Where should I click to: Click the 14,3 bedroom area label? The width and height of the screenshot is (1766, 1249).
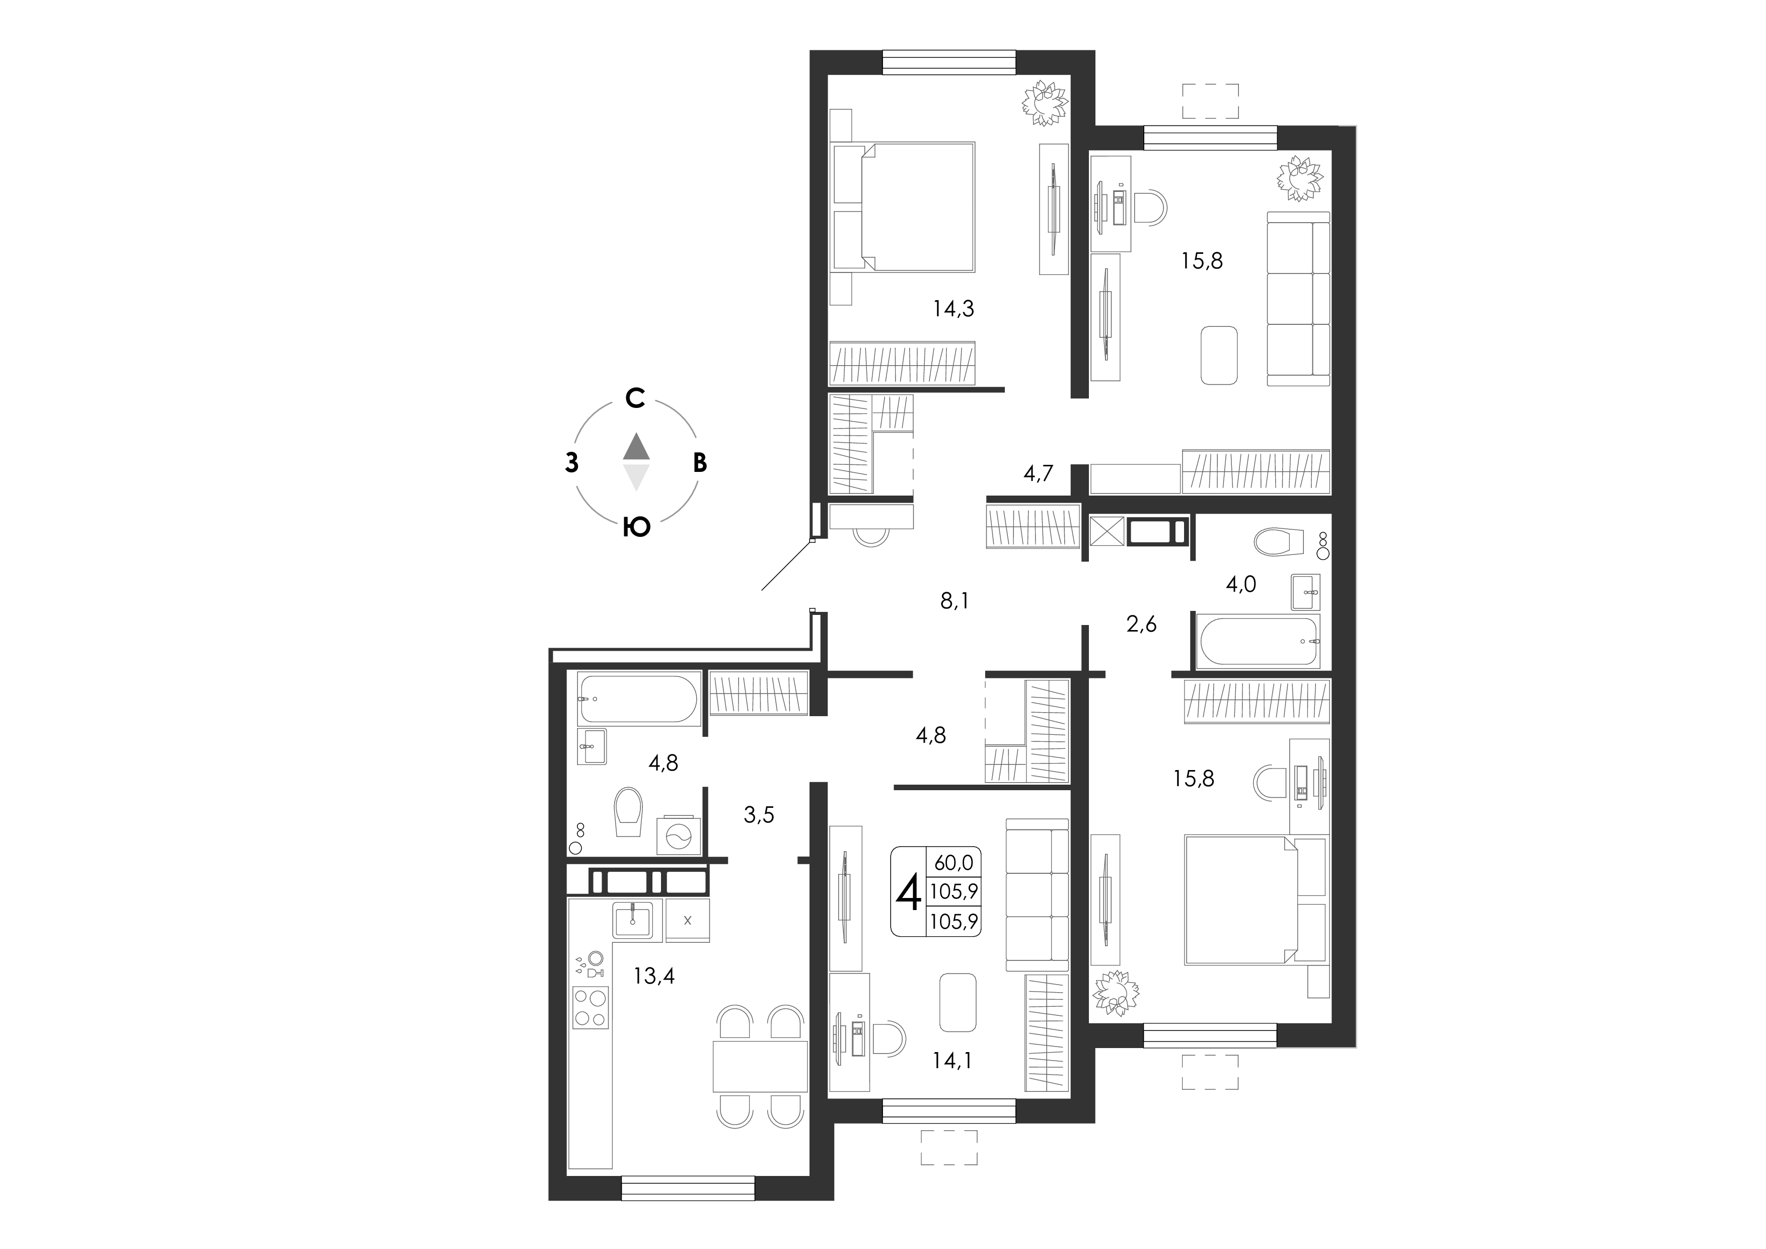tap(954, 309)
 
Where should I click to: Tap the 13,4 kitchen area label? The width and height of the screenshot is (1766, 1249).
tap(654, 976)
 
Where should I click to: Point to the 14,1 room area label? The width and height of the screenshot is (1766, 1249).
tap(952, 1061)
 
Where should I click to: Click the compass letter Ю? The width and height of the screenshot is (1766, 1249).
tap(637, 527)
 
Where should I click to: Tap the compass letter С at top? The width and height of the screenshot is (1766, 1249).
tap(634, 398)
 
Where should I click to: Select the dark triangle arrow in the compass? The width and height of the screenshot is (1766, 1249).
tap(636, 446)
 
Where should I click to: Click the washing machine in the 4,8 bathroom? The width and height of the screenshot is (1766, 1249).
tap(679, 836)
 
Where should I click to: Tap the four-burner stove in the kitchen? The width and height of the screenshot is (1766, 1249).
tap(591, 1007)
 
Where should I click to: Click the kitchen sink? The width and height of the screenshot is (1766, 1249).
tap(632, 919)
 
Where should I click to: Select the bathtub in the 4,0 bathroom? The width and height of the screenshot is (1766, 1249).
tap(1259, 640)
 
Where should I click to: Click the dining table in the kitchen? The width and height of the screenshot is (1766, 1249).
tap(760, 1066)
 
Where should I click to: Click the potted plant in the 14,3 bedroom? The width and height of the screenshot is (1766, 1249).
tap(1045, 104)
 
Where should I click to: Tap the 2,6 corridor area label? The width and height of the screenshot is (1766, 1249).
tap(1141, 624)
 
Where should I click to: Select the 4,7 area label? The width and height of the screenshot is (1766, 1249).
tap(1039, 473)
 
